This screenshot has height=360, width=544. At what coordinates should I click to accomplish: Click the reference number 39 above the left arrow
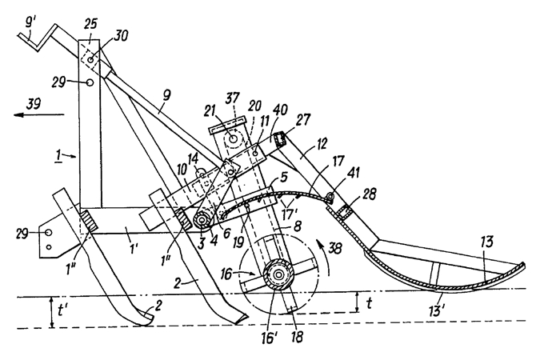click(34, 104)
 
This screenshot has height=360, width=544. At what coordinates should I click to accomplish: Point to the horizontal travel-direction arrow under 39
click(39, 114)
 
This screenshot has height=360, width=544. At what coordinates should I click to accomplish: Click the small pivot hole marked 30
click(90, 60)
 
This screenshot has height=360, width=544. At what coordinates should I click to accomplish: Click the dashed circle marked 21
click(233, 138)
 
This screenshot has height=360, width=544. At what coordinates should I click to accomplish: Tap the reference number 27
click(303, 120)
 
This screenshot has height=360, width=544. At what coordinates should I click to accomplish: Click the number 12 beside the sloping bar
click(322, 143)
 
